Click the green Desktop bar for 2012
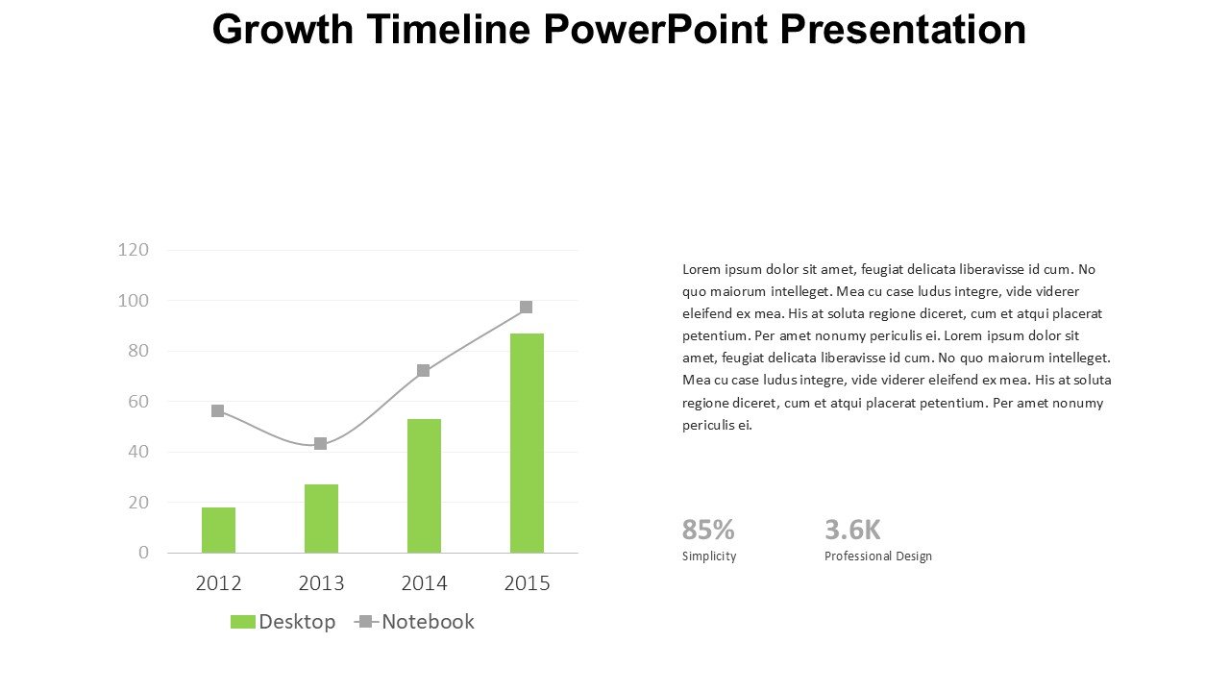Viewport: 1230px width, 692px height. click(x=218, y=530)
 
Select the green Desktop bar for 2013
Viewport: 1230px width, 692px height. click(x=321, y=518)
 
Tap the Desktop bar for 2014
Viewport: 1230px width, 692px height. click(x=424, y=485)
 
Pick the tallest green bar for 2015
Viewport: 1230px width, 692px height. click(x=527, y=442)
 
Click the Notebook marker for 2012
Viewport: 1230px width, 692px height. click(x=218, y=411)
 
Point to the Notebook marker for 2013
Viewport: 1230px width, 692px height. click(x=321, y=444)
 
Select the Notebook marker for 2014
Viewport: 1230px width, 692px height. click(x=424, y=371)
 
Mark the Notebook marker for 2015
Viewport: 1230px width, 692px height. click(x=527, y=308)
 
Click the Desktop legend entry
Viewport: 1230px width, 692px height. click(x=283, y=622)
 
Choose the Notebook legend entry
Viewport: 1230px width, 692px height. click(x=415, y=622)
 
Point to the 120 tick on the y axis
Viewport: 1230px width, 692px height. click(x=134, y=250)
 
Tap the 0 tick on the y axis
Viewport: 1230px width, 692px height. click(x=144, y=553)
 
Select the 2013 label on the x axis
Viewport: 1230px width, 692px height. click(x=321, y=583)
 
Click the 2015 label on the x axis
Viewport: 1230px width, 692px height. click(x=527, y=583)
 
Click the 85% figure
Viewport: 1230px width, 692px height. click(x=708, y=530)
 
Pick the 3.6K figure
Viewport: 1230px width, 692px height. click(x=852, y=530)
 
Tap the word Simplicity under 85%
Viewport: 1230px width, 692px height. click(x=709, y=556)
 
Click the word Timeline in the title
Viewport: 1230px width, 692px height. click(x=448, y=30)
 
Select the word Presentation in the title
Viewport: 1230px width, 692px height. click(x=902, y=30)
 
